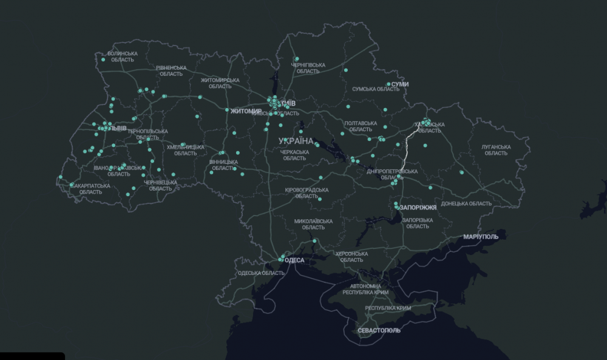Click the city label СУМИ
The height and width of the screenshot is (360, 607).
pos(400,84)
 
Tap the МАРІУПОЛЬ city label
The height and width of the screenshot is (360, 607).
pos(481,236)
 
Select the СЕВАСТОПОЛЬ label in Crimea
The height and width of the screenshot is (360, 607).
pos(379,330)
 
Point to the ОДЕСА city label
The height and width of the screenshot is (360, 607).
pos(294,260)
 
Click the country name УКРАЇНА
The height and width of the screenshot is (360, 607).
pos(296,141)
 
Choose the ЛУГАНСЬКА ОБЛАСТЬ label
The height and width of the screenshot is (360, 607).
pos(496,150)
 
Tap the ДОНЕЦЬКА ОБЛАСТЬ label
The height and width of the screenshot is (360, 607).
pos(466,204)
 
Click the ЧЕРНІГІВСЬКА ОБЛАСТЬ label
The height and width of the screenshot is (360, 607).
pos(308,68)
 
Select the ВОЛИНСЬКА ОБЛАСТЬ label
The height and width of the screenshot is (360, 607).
pos(122,56)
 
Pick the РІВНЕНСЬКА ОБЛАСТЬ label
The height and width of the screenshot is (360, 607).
pos(171,70)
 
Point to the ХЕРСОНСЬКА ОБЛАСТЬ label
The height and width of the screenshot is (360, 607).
pos(351,257)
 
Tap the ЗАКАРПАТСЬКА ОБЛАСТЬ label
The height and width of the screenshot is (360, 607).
pos(90,189)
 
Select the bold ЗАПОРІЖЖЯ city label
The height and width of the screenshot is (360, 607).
pos(418,208)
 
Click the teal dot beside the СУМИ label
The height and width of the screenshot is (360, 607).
pos(388,84)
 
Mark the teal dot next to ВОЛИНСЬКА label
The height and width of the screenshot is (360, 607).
pos(103,59)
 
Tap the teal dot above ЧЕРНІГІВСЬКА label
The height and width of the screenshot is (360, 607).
pos(297,59)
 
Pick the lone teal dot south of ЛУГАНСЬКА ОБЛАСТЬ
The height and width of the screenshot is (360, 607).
pos(461,172)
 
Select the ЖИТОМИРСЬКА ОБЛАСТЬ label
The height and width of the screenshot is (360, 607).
pos(220,83)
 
